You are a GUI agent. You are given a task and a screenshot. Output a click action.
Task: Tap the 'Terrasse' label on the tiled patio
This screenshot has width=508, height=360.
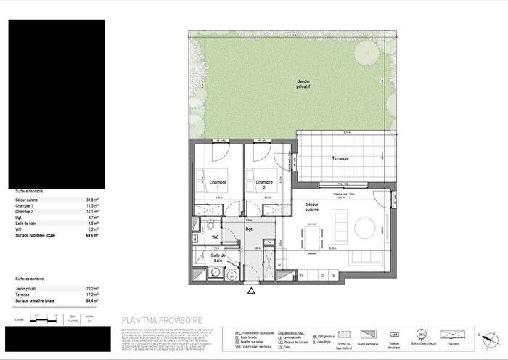click(341, 158)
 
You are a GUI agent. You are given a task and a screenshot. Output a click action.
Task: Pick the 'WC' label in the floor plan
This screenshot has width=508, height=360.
click(216, 237)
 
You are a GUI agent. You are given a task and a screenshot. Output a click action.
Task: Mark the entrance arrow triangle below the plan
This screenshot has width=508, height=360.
click(251, 291)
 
